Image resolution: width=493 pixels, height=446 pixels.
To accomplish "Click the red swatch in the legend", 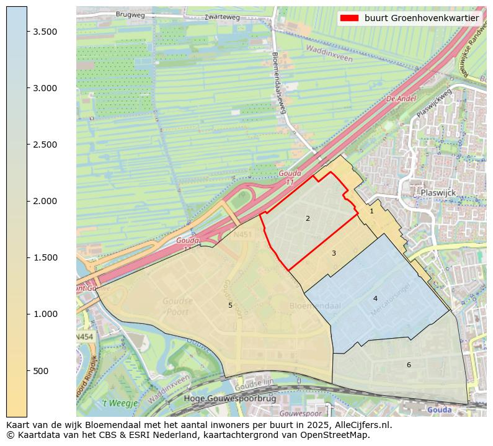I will (x=349, y=18).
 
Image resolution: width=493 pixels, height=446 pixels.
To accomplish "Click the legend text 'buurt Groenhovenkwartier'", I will (x=422, y=18).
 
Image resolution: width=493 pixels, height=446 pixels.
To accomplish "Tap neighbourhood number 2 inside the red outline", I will (x=308, y=218).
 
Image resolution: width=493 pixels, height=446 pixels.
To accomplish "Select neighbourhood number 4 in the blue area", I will (x=375, y=298).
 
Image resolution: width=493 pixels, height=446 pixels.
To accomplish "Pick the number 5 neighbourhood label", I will (x=230, y=305).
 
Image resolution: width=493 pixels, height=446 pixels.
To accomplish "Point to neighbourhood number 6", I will (x=409, y=365).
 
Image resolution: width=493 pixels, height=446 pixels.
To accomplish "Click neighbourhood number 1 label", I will (x=371, y=211).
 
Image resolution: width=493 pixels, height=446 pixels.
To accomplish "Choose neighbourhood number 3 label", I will (x=334, y=253).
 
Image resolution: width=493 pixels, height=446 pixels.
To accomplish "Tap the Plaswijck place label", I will (x=438, y=193).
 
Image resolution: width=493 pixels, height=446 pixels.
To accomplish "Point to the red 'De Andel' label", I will (x=401, y=99).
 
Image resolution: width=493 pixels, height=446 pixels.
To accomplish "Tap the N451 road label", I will (x=242, y=236).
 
